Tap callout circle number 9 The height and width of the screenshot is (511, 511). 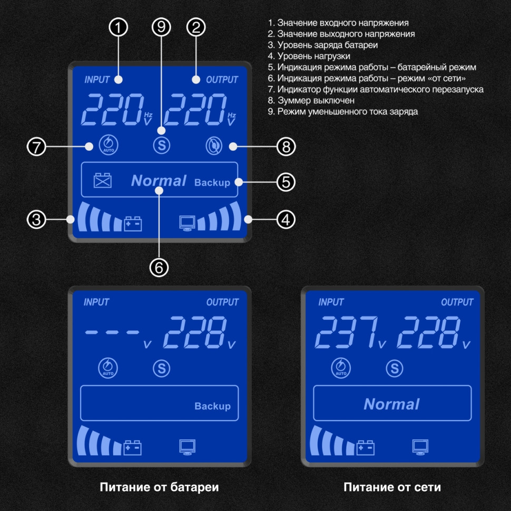tap(162, 28)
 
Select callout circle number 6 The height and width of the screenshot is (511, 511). tap(159, 267)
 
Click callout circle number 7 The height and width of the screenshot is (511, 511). tap(36, 147)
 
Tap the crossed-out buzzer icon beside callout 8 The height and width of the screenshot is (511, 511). tap(213, 146)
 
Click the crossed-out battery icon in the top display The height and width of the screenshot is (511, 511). tap(103, 181)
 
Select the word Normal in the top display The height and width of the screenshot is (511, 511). tap(159, 181)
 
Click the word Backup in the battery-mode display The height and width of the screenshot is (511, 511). tap(212, 406)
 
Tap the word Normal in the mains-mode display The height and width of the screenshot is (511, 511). tap(391, 404)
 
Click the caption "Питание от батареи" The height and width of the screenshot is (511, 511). tap(159, 487)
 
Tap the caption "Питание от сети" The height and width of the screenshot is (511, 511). tap(392, 487)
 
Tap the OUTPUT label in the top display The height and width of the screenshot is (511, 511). tap(222, 80)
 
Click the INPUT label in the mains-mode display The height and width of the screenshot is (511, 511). tap(331, 302)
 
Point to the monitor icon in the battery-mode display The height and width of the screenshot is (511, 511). tap(188, 447)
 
